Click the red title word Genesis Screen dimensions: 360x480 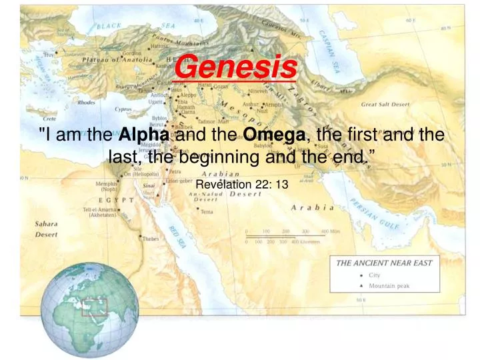click(239, 67)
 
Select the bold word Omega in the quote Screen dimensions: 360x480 click(274, 135)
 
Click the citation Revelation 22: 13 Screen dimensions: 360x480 click(241, 184)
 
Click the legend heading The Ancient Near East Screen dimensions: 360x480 click(384, 263)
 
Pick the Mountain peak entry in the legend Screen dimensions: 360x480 click(389, 286)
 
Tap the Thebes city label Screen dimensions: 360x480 click(150, 238)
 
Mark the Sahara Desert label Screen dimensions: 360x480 click(46, 229)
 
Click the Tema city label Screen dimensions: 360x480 click(207, 211)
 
